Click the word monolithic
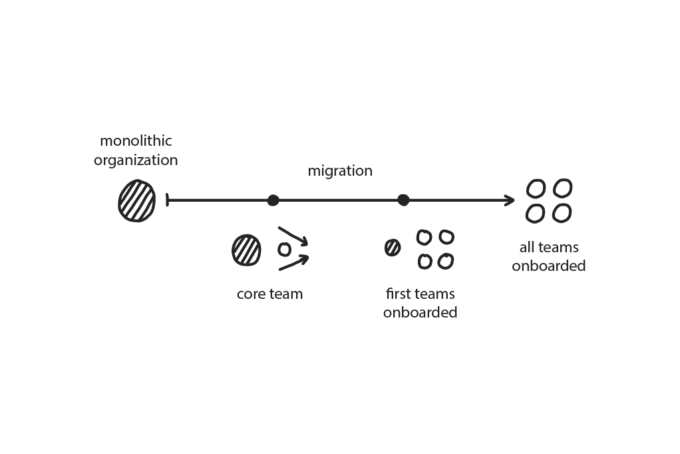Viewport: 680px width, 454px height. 136,141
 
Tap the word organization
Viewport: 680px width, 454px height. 136,160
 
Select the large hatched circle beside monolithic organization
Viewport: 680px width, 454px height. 137,200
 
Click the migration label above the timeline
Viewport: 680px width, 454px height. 339,171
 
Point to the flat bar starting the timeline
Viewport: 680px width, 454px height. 167,200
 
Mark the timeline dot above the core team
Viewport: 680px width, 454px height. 273,200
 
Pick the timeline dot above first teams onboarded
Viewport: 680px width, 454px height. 403,200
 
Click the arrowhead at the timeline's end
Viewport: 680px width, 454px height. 510,200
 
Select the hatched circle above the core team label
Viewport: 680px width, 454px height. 246,250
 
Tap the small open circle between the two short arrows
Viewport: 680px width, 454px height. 284,250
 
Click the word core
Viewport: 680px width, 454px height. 251,294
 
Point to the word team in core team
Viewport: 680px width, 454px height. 286,294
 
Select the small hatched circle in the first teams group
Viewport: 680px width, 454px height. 393,248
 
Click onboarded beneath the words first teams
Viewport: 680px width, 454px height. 420,312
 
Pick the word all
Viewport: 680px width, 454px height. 527,248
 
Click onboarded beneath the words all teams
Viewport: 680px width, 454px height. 549,266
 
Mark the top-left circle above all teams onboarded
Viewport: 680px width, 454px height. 536,188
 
